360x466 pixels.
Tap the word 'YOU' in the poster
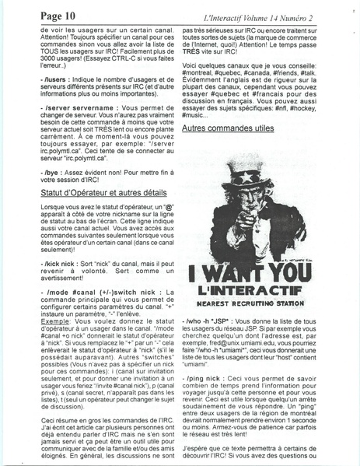298,273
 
